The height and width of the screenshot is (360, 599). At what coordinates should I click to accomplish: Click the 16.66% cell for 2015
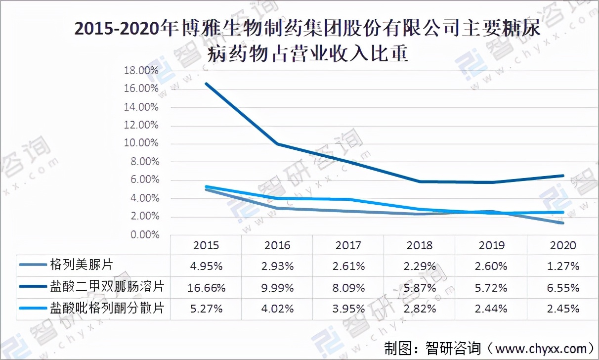[x=206, y=287]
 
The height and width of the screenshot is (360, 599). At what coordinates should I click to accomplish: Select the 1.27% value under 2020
[x=563, y=266]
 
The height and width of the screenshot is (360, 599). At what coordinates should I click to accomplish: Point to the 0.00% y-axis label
[x=144, y=235]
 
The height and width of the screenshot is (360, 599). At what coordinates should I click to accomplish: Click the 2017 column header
[x=348, y=245]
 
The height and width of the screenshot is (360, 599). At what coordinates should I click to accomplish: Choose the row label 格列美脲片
[x=82, y=265]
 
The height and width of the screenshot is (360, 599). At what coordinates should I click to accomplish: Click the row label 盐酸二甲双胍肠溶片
[x=107, y=286]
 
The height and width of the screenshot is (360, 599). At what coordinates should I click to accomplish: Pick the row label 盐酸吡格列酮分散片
[x=107, y=308]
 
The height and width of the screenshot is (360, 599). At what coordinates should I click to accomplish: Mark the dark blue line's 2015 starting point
[x=206, y=83]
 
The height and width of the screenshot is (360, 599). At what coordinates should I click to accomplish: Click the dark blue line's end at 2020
[x=563, y=176]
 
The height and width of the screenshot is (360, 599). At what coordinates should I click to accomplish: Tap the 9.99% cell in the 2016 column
[x=277, y=287]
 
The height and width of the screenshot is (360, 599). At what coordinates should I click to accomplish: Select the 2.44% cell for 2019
[x=492, y=309]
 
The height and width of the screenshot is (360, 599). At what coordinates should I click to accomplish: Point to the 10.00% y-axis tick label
[x=142, y=143]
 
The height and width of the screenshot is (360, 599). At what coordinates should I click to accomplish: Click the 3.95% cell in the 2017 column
[x=348, y=309]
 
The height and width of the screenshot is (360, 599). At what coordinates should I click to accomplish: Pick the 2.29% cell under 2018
[x=420, y=266]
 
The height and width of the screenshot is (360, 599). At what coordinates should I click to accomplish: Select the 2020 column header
[x=563, y=245]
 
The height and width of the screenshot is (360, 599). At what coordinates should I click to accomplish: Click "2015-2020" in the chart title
[x=118, y=29]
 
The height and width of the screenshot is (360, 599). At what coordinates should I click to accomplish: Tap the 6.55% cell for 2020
[x=563, y=287]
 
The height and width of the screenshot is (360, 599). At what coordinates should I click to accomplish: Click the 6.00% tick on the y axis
[x=144, y=180]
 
